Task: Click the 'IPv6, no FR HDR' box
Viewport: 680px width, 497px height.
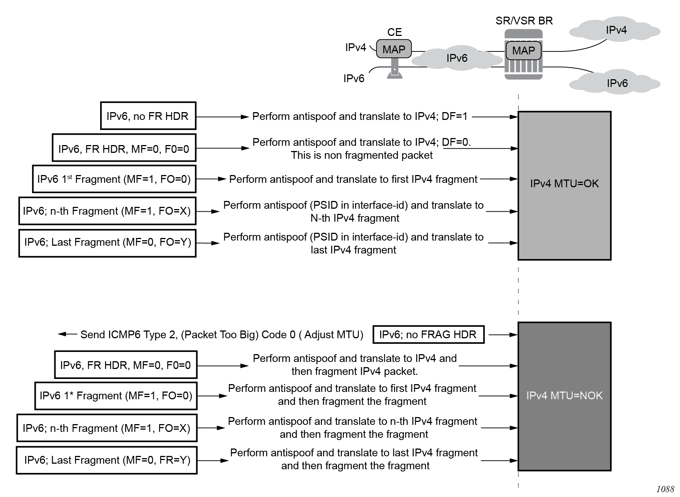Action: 148,116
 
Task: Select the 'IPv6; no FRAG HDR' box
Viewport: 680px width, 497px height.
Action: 428,335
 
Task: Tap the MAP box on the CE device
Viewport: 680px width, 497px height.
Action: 394,49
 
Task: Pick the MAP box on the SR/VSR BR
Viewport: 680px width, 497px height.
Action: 523,51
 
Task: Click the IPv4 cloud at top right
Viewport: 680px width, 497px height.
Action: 616,30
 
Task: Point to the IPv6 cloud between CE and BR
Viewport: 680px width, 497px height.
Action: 457,58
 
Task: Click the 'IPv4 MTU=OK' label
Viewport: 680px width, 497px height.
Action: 564,184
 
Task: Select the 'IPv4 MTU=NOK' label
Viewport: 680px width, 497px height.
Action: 564,396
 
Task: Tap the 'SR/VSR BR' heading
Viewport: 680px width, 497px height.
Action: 524,21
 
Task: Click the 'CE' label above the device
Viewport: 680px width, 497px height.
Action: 394,32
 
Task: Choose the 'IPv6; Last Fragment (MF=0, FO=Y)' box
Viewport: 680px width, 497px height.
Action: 108,242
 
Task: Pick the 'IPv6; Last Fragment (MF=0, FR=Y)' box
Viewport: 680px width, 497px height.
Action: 107,460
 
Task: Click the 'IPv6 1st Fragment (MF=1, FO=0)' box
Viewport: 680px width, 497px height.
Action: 114,179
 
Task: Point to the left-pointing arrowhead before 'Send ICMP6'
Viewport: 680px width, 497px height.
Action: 62,334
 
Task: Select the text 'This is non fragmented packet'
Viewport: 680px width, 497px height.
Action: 361,155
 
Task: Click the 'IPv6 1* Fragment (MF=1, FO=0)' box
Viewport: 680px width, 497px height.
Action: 116,396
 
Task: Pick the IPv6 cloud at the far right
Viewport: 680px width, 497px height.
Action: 616,83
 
